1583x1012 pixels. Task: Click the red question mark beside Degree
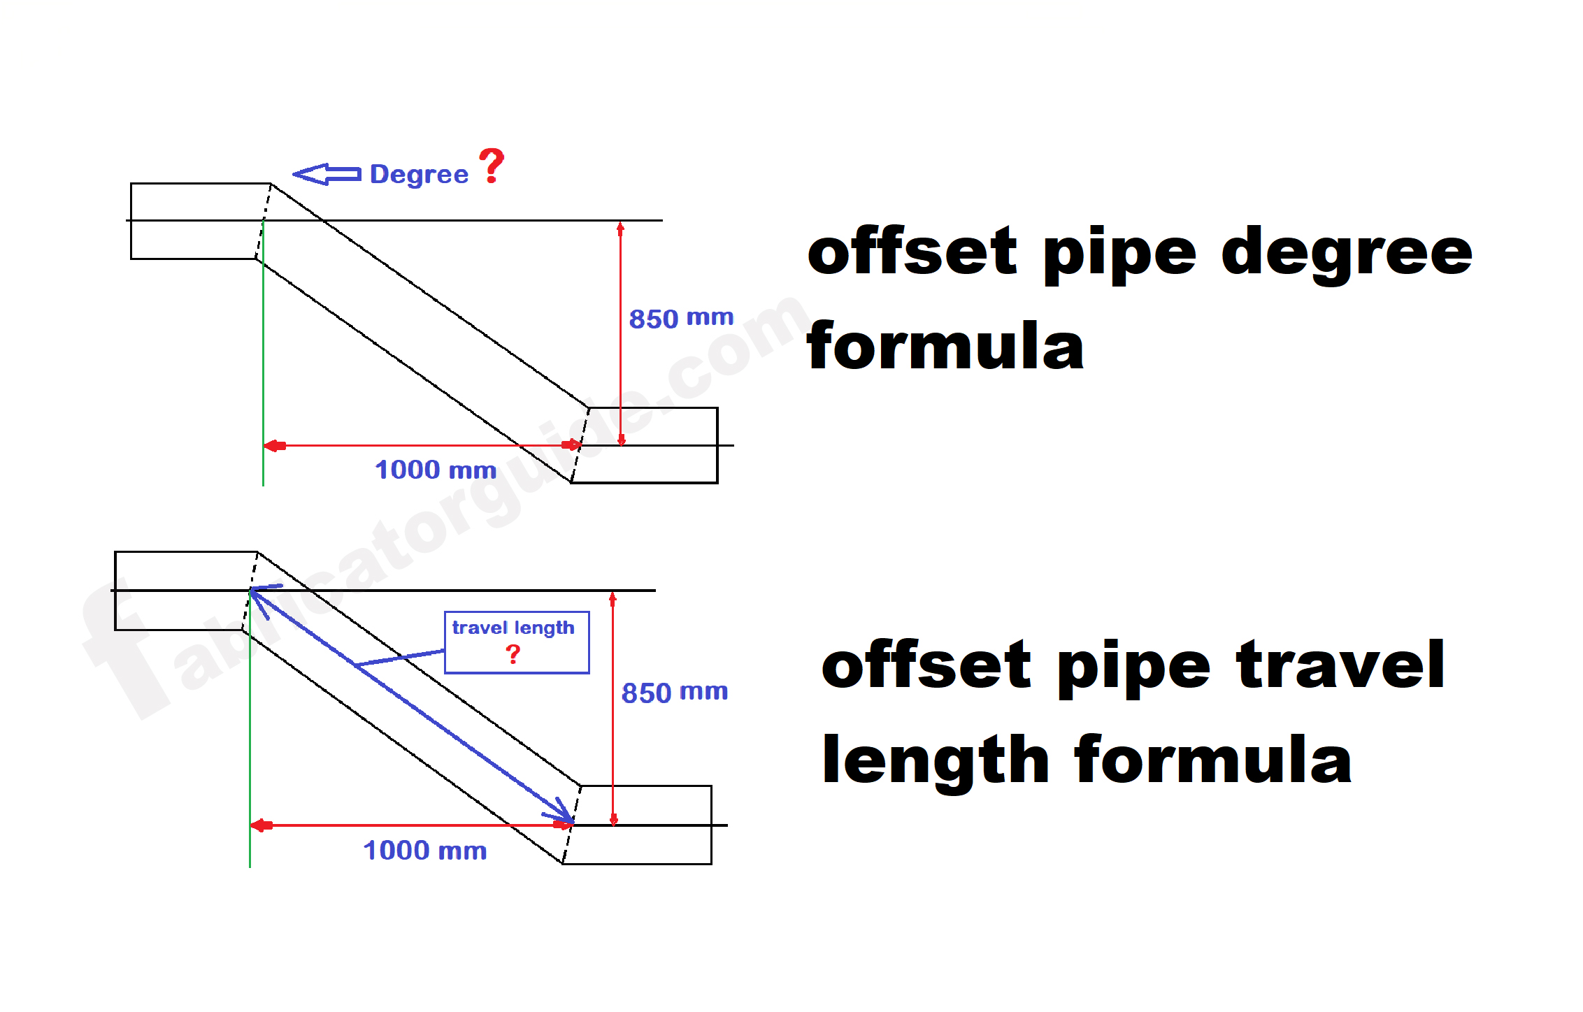(x=492, y=166)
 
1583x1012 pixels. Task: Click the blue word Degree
(x=419, y=175)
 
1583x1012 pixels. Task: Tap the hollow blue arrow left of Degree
(x=327, y=174)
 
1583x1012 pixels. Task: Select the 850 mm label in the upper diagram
(x=681, y=318)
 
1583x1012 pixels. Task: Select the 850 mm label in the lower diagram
(x=675, y=693)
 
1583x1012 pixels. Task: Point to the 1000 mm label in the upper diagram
(x=436, y=470)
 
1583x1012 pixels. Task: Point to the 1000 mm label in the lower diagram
(x=425, y=851)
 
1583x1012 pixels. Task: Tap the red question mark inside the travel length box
(x=513, y=654)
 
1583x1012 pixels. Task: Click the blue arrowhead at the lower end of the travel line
(x=564, y=812)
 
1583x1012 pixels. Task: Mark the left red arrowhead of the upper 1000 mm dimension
(x=275, y=446)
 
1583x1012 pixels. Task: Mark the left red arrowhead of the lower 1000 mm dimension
(x=262, y=826)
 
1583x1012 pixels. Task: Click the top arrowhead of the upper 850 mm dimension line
(x=620, y=228)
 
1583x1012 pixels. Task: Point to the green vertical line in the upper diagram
(x=263, y=353)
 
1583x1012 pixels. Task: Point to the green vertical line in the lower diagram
(x=250, y=730)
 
